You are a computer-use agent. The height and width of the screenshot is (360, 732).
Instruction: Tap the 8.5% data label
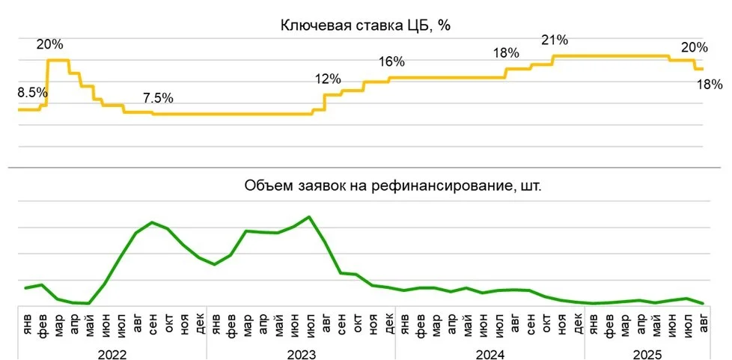pos(32,94)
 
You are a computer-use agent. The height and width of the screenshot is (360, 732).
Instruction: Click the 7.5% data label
pos(158,98)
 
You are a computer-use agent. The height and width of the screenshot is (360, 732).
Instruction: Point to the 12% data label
pos(328,79)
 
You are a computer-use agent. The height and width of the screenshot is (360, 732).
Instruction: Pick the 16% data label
pos(391,61)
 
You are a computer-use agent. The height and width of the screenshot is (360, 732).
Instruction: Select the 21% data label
pos(555,40)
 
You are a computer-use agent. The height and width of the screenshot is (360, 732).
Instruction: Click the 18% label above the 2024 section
pos(506,53)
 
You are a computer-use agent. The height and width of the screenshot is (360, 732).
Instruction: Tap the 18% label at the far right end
pos(709,85)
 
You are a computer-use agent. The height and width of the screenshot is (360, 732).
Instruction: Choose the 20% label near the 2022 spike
pos(50,44)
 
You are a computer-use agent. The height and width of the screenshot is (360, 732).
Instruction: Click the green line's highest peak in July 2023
pos(309,217)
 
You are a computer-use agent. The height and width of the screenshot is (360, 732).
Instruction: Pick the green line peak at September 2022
pos(152,222)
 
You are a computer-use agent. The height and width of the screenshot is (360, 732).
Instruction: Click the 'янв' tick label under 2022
pos(27,326)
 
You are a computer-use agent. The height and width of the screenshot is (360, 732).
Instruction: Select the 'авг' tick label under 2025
pos(703,326)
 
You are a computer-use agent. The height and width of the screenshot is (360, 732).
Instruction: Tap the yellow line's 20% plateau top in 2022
pos(58,60)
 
